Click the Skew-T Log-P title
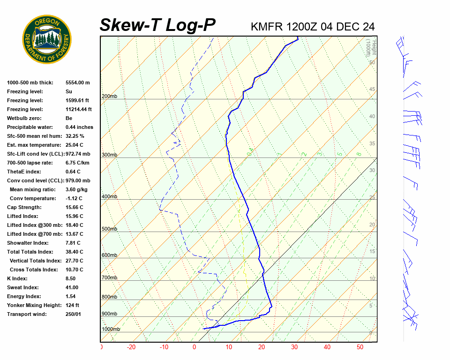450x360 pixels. (x=157, y=25)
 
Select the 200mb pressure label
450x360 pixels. (x=109, y=97)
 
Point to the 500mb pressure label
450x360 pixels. (x=109, y=229)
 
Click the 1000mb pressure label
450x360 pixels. (x=111, y=330)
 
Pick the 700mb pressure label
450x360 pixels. (x=109, y=278)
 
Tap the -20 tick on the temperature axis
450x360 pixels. (x=131, y=347)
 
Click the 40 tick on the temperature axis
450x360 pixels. (x=327, y=347)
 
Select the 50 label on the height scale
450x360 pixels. (x=372, y=62)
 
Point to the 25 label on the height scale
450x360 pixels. (x=372, y=198)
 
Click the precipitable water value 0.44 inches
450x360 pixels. (x=79, y=127)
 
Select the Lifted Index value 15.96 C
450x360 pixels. (x=74, y=216)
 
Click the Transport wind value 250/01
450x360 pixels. (x=73, y=314)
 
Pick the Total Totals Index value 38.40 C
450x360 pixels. (x=74, y=252)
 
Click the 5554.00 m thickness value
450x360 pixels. (x=77, y=82)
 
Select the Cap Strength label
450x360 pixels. (x=24, y=207)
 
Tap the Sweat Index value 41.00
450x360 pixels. (x=72, y=287)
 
